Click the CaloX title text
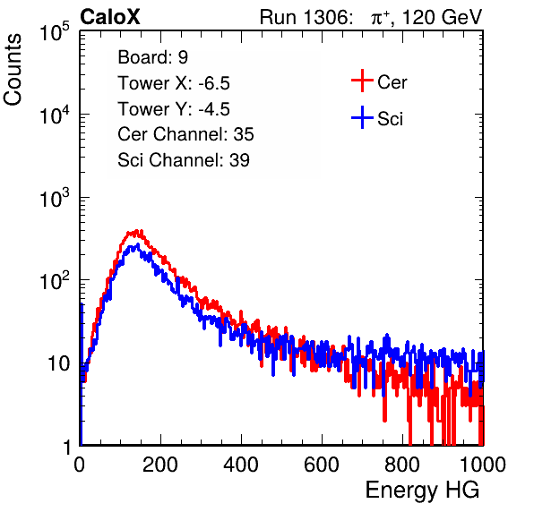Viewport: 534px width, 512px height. pos(110,17)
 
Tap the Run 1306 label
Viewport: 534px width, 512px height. pos(306,17)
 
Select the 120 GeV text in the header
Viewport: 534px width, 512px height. pos(443,17)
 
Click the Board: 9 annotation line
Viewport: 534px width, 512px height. pos(152,57)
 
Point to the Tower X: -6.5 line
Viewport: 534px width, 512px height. pos(174,83)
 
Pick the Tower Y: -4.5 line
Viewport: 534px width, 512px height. pos(174,109)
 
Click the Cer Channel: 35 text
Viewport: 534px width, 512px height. pos(185,134)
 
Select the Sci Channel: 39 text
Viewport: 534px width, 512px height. pos(184,160)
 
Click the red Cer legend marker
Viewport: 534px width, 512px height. pos(362,81)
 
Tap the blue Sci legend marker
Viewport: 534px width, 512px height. pos(362,118)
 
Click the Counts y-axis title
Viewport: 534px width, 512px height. pos(13,70)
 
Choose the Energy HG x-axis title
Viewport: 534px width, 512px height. pos(422,491)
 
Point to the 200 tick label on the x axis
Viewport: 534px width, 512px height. pos(160,465)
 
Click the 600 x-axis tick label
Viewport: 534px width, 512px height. pos(322,465)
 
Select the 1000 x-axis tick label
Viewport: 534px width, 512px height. pos(483,465)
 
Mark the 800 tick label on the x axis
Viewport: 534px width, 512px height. pos(402,465)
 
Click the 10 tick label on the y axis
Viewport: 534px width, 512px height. pos(58,363)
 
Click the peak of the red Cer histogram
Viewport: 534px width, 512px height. pos(136,231)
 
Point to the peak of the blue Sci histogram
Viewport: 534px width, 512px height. pos(138,244)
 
